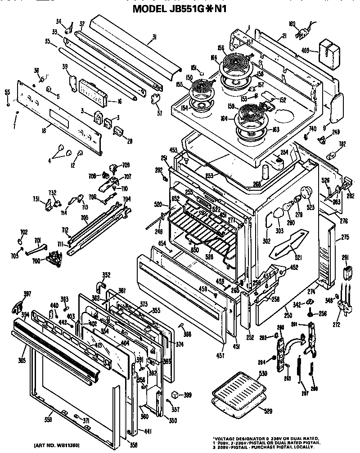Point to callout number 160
[x=291, y=24]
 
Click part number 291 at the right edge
[x=345, y=258]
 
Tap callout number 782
[x=342, y=144]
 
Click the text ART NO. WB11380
[x=55, y=445]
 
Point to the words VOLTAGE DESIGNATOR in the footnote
[x=243, y=438]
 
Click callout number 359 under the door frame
[x=47, y=419]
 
